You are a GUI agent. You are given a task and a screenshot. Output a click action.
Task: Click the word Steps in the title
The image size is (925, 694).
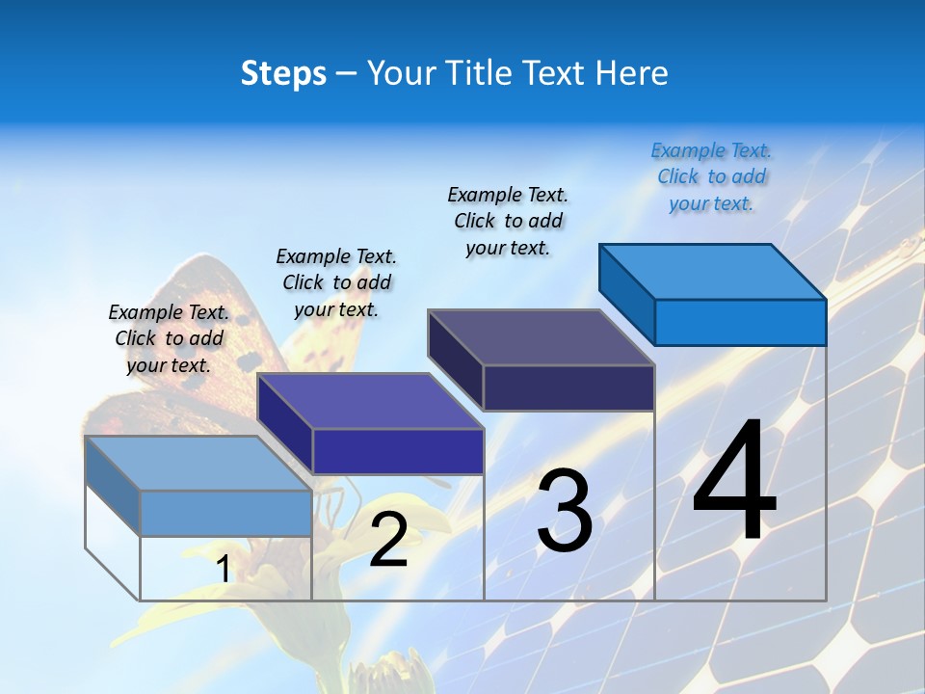[283, 73]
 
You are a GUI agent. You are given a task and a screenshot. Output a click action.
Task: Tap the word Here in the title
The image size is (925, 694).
[631, 73]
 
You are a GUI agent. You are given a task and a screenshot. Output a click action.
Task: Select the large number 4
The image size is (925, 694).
[734, 482]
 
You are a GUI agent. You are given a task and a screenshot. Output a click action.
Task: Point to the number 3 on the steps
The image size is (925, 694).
[565, 511]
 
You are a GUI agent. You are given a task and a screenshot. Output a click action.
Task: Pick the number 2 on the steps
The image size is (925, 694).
[388, 540]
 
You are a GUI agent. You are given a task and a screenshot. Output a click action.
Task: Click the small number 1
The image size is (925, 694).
[224, 569]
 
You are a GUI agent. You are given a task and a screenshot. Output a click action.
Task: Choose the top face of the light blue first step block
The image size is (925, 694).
[198, 464]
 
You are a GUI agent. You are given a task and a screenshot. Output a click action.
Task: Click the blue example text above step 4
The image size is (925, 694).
[711, 177]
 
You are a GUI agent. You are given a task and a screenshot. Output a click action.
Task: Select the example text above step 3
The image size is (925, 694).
[508, 222]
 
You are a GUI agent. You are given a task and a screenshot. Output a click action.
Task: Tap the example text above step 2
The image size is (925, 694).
[336, 282]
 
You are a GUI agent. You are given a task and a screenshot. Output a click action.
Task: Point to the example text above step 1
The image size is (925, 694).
[169, 338]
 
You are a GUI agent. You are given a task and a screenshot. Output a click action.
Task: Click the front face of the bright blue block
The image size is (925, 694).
[740, 322]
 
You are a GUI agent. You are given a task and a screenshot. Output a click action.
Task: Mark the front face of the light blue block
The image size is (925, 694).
[225, 513]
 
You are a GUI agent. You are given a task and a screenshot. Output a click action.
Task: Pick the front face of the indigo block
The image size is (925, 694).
[398, 451]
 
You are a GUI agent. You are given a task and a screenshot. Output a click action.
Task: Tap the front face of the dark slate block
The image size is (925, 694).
[568, 387]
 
